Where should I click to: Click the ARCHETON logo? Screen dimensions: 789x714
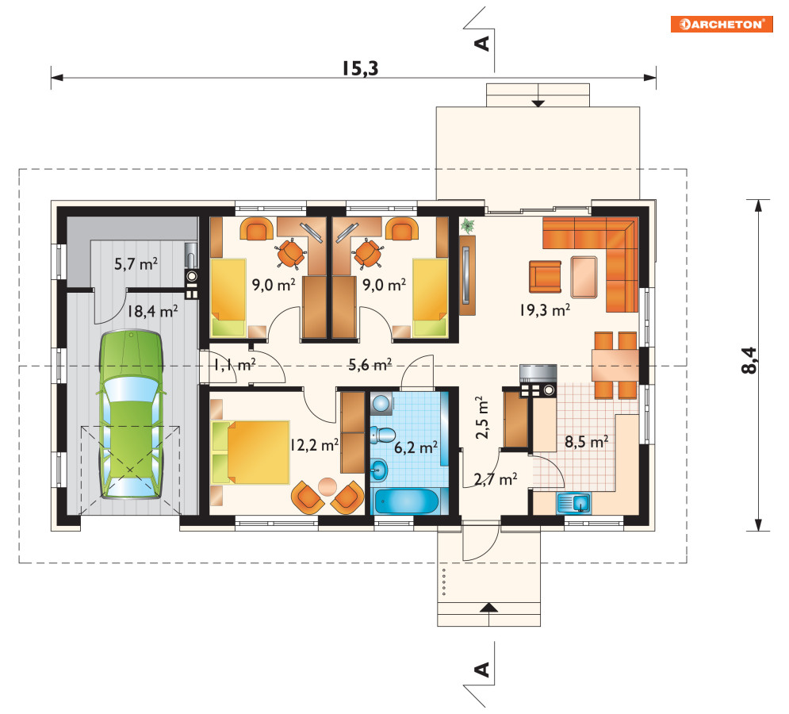(x=721, y=24)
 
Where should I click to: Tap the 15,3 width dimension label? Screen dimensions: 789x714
(x=360, y=68)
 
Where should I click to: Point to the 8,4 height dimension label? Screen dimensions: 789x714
(x=749, y=360)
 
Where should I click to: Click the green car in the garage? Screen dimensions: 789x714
(x=132, y=414)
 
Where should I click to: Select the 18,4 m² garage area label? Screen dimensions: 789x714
(x=152, y=311)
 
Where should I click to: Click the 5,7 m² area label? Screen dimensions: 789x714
(x=136, y=263)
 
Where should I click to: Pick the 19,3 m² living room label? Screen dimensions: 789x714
(x=545, y=309)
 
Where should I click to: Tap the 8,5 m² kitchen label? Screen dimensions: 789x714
(x=586, y=442)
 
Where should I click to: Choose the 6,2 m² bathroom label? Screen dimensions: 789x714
(x=416, y=447)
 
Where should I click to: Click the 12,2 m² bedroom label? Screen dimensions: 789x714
(x=314, y=444)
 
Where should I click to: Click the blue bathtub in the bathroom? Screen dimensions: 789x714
(x=407, y=501)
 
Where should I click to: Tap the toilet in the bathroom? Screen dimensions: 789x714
(x=382, y=435)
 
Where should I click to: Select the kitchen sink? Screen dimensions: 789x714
(x=573, y=504)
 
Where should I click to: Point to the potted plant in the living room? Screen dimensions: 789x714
(x=468, y=225)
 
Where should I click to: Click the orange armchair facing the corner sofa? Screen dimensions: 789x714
(x=545, y=276)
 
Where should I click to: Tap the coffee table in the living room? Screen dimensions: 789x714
(x=584, y=277)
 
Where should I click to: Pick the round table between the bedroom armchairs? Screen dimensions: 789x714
(x=327, y=486)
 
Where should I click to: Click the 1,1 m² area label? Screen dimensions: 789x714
(x=234, y=364)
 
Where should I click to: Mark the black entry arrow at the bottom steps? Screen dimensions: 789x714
(x=488, y=607)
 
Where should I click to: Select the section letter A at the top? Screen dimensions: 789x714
(x=482, y=44)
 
